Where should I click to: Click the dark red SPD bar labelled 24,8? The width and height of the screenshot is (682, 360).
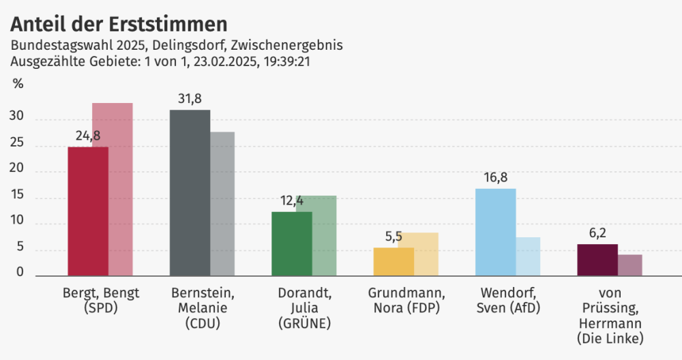click(88, 211)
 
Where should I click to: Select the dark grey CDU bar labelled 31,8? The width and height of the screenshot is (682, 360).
click(190, 193)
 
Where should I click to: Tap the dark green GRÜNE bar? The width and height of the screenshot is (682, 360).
click(291, 243)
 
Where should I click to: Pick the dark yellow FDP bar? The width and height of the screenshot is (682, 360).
click(394, 262)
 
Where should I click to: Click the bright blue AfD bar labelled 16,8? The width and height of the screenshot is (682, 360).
click(495, 232)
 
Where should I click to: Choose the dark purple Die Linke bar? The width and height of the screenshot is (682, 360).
click(597, 260)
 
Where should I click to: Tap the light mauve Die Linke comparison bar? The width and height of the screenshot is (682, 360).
click(630, 265)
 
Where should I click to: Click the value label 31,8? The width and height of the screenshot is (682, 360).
click(190, 100)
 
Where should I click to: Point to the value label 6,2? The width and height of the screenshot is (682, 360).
click(597, 234)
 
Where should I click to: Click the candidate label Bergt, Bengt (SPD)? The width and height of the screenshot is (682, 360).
click(100, 301)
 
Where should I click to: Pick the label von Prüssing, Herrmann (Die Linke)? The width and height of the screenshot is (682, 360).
click(610, 315)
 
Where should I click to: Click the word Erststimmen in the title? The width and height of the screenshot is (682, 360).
click(168, 25)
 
